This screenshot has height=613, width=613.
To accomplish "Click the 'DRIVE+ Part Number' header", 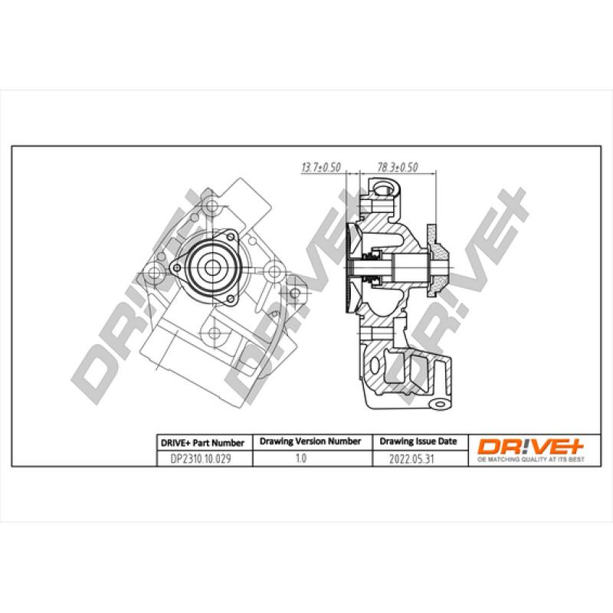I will point(202,442).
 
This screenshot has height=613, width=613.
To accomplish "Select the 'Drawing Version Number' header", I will point(310,442).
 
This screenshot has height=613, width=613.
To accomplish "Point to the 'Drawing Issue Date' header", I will point(418,442).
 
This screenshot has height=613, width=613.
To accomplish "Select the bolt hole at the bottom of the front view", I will point(216,333).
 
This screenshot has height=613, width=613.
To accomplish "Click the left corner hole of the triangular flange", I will point(177,267).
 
